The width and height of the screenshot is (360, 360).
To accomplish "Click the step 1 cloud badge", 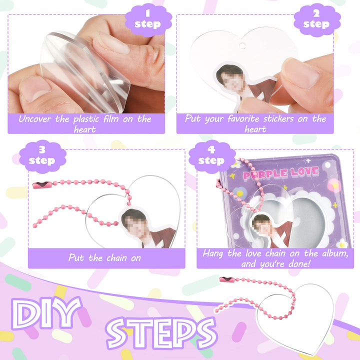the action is pyautogui.click(x=148, y=20).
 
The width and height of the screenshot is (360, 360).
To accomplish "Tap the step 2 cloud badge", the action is pyautogui.click(x=317, y=20).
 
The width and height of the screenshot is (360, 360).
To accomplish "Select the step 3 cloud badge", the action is pyautogui.click(x=42, y=156).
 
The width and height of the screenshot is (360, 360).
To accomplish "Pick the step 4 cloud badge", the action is pyautogui.click(x=212, y=156).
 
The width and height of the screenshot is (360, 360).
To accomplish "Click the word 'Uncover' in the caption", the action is pyautogui.click(x=35, y=119).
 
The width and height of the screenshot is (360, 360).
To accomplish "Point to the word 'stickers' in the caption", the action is pyautogui.click(x=278, y=119).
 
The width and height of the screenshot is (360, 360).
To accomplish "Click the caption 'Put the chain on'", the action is pyautogui.click(x=104, y=258).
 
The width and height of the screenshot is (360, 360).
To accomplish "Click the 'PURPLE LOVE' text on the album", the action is pyautogui.click(x=281, y=173).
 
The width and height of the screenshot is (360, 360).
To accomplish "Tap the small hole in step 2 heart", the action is pyautogui.click(x=242, y=45).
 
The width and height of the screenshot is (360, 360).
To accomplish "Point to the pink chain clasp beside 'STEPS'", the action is pyautogui.click(x=227, y=279).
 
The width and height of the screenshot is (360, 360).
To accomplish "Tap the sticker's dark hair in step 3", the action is pyautogui.click(x=132, y=215).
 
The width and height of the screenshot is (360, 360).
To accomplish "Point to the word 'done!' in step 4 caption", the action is pyautogui.click(x=299, y=264).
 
